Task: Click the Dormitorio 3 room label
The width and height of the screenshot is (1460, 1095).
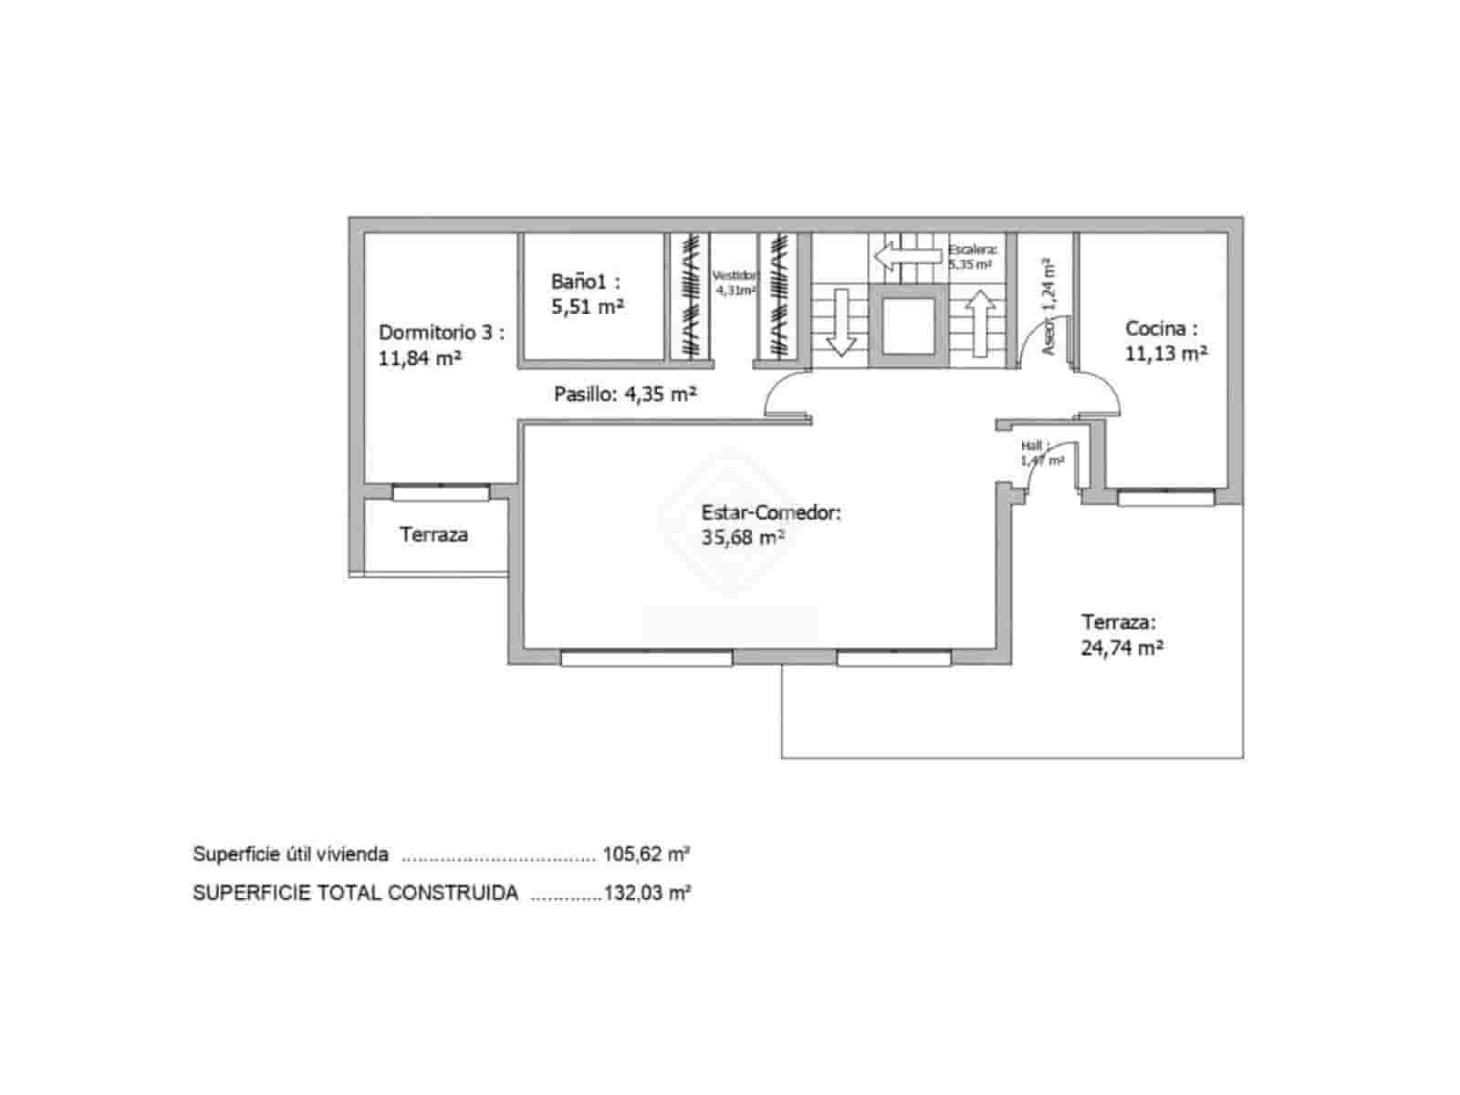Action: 441,333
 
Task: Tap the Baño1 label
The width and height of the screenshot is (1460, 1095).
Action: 585,281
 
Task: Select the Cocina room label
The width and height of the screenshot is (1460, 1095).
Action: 1161,328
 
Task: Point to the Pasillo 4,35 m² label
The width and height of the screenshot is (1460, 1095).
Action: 625,394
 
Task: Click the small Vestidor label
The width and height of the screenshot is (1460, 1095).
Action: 735,276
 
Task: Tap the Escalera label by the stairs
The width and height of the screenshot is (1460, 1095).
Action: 972,249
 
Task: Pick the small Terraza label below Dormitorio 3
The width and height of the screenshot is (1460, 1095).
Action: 433,535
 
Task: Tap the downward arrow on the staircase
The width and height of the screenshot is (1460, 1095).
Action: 840,321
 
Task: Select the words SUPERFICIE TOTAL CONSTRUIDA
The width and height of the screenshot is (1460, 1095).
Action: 355,892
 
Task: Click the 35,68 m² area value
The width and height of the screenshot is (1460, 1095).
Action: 743,537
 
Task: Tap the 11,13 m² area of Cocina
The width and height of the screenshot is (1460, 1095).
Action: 1166,353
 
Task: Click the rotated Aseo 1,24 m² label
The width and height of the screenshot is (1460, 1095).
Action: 1048,306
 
